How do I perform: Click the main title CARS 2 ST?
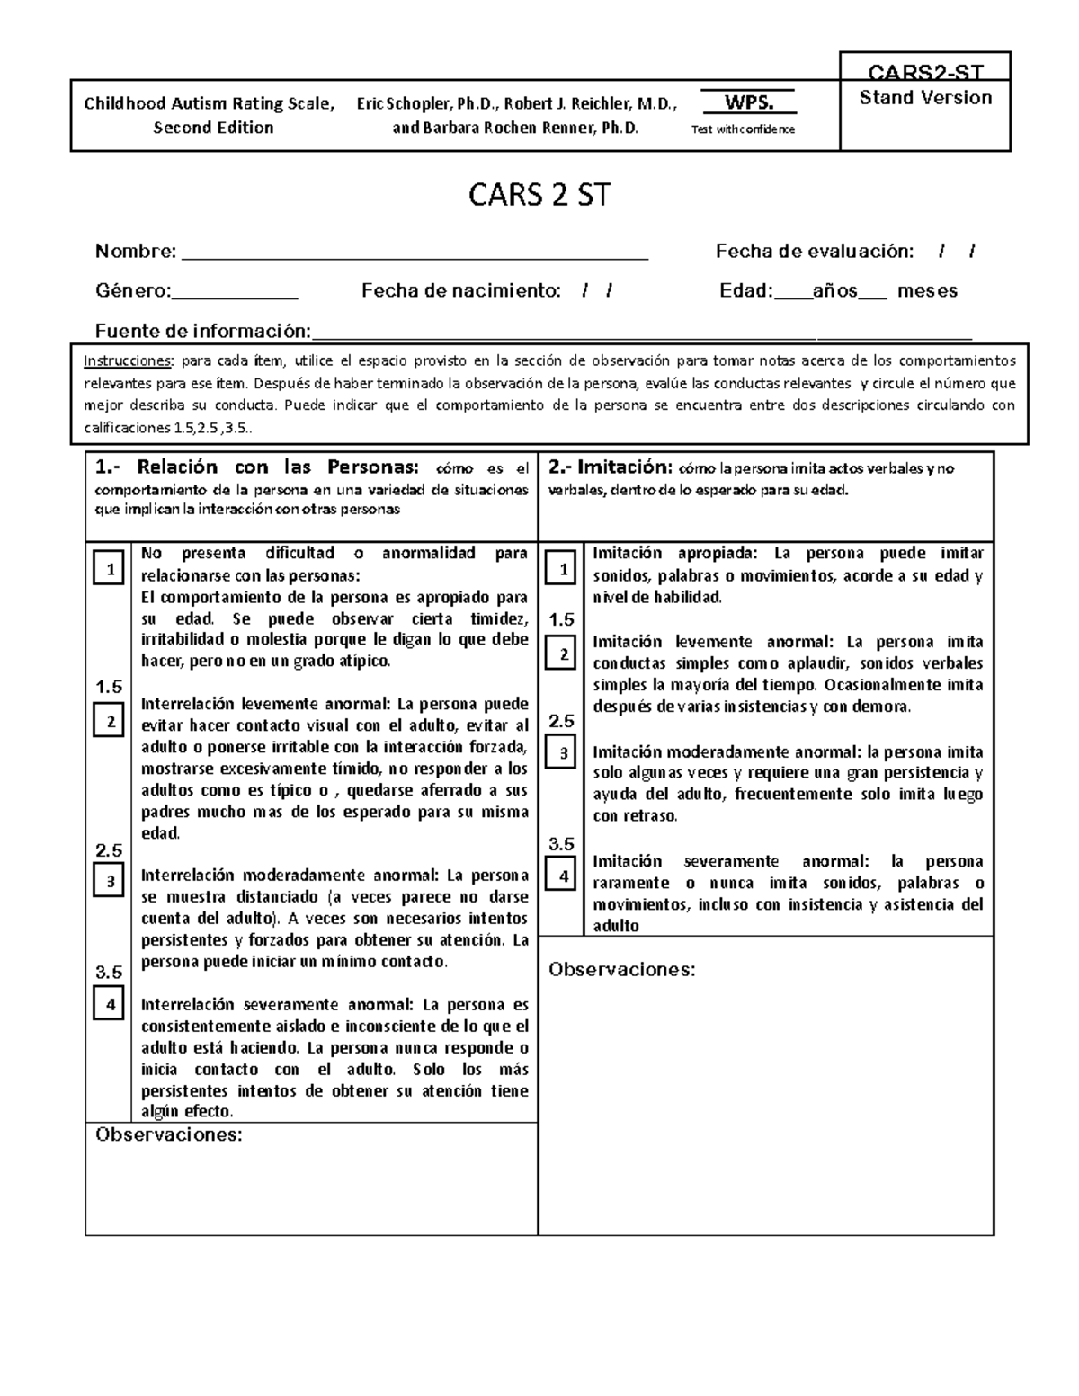[x=539, y=195]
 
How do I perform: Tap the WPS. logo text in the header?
[x=748, y=102]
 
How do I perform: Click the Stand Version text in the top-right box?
[x=925, y=98]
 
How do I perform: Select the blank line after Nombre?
[x=415, y=253]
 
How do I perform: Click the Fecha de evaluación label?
[x=814, y=252]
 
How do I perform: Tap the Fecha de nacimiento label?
[x=460, y=290]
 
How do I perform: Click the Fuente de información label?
[x=202, y=331]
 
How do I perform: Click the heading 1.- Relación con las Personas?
[x=256, y=467]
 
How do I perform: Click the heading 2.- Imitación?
[x=610, y=467]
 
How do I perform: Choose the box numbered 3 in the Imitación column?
[x=562, y=753]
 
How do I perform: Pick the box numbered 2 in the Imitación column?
[x=562, y=654]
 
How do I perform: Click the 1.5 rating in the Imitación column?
[x=561, y=619]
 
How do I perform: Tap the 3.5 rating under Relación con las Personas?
[x=109, y=972]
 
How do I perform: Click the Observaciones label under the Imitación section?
[x=622, y=970]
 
